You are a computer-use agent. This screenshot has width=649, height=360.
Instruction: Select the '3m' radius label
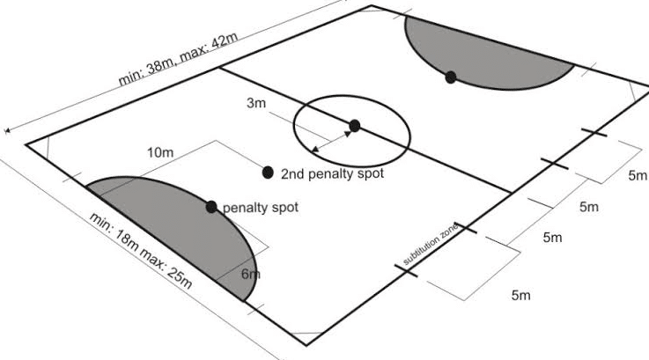tap(255, 104)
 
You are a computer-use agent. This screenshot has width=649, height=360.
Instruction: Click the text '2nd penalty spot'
tap(333, 174)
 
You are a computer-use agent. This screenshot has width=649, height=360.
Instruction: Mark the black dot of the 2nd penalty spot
tap(268, 171)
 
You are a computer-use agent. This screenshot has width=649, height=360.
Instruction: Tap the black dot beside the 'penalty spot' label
tap(211, 207)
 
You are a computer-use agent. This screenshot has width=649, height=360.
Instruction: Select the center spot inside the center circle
tap(354, 126)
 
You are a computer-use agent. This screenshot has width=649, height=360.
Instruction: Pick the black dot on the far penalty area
tap(451, 77)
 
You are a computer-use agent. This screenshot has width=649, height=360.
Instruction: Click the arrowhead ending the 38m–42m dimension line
tap(8, 130)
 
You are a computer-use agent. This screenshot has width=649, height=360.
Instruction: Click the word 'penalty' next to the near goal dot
tap(241, 209)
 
